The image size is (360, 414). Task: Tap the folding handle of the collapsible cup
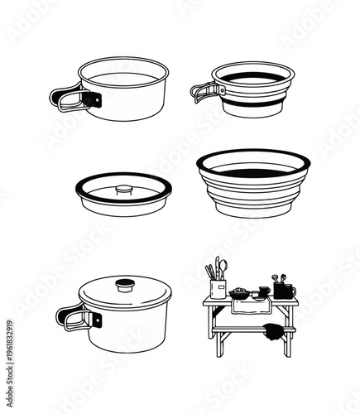coord(203,89)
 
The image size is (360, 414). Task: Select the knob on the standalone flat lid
coord(123,190)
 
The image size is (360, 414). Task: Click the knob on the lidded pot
coord(125,286)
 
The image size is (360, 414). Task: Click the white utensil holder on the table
coord(218,288)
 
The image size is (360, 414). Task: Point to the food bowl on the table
coord(239,292)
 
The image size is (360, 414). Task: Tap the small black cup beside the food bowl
coord(262,291)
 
